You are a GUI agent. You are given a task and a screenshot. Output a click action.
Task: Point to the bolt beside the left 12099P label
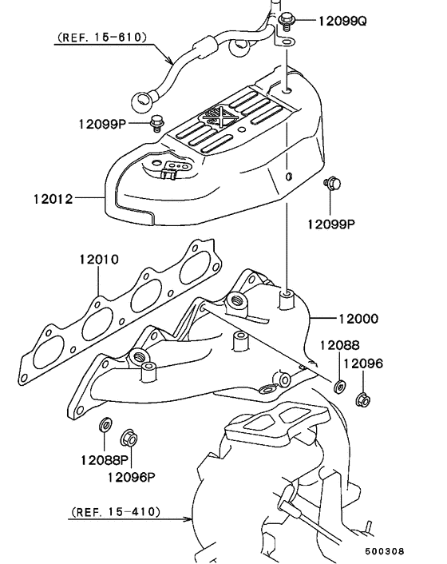coord(156,123)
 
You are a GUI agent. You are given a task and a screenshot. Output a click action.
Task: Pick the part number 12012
coord(53,200)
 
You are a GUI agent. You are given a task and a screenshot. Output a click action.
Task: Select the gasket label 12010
coord(98,260)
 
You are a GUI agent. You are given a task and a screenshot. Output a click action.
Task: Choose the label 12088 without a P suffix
coord(340,345)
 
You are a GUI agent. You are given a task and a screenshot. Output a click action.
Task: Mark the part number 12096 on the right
coord(363,363)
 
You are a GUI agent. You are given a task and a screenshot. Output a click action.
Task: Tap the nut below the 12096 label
coord(362,398)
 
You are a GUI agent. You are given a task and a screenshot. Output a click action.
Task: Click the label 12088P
coord(104,460)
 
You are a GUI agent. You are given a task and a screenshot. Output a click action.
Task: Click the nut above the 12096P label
coord(128,438)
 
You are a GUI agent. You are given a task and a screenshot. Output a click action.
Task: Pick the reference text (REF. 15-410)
coord(115,510)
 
